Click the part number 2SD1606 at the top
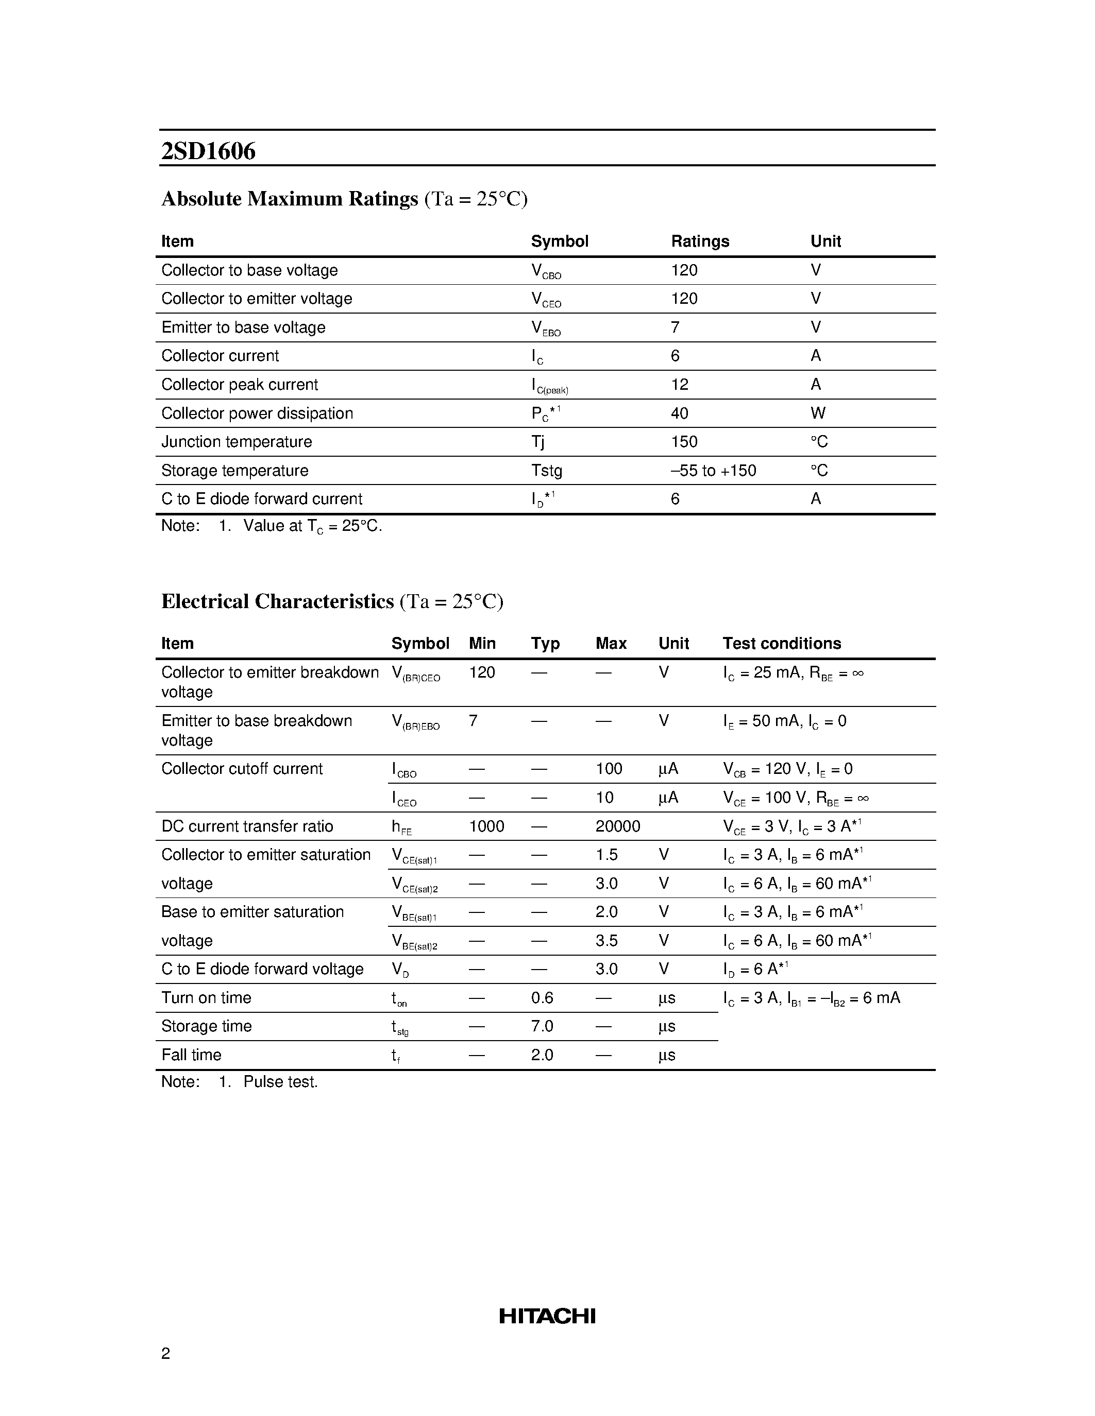click(208, 151)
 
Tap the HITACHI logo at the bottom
click(547, 1316)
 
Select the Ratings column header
click(700, 241)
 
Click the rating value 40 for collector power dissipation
click(679, 413)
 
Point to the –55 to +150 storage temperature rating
click(713, 470)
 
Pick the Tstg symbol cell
click(546, 470)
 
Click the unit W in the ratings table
click(817, 413)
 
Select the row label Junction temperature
click(236, 441)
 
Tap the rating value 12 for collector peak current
click(679, 385)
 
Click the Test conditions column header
click(782, 643)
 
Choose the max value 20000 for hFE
click(617, 826)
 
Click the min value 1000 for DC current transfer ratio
click(486, 826)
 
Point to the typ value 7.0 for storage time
click(542, 1026)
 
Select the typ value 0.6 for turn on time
click(542, 997)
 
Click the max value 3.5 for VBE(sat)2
click(607, 940)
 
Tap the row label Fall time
click(191, 1054)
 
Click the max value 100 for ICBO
click(609, 768)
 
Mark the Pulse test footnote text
click(280, 1081)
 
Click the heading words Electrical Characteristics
click(278, 601)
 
